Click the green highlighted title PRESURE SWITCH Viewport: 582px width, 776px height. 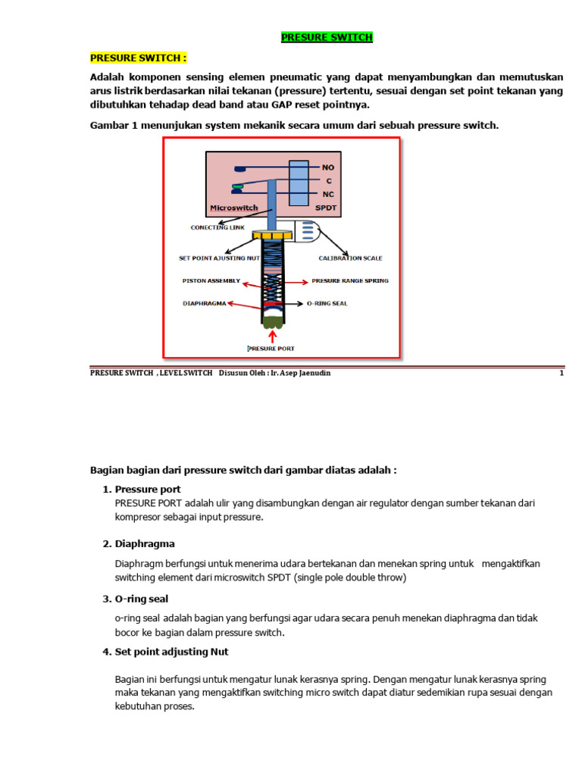point(327,37)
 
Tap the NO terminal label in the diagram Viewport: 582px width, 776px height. point(328,167)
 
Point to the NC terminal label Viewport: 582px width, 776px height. point(327,194)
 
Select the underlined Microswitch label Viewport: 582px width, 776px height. point(234,207)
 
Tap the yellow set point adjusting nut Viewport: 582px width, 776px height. point(270,236)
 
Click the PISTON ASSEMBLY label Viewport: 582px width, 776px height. point(211,281)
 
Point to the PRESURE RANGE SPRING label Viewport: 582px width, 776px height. point(349,281)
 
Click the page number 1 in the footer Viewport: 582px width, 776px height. point(561,373)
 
